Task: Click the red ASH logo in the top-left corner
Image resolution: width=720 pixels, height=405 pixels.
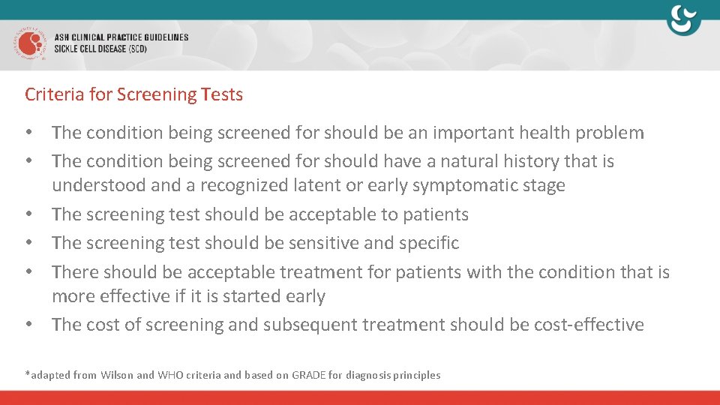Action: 29,43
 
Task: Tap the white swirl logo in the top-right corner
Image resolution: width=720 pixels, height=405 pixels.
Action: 683,20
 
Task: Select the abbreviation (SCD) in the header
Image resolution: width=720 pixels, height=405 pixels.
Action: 135,49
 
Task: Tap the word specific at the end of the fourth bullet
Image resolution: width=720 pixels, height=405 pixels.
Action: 430,243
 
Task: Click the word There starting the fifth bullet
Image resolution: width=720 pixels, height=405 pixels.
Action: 75,272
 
